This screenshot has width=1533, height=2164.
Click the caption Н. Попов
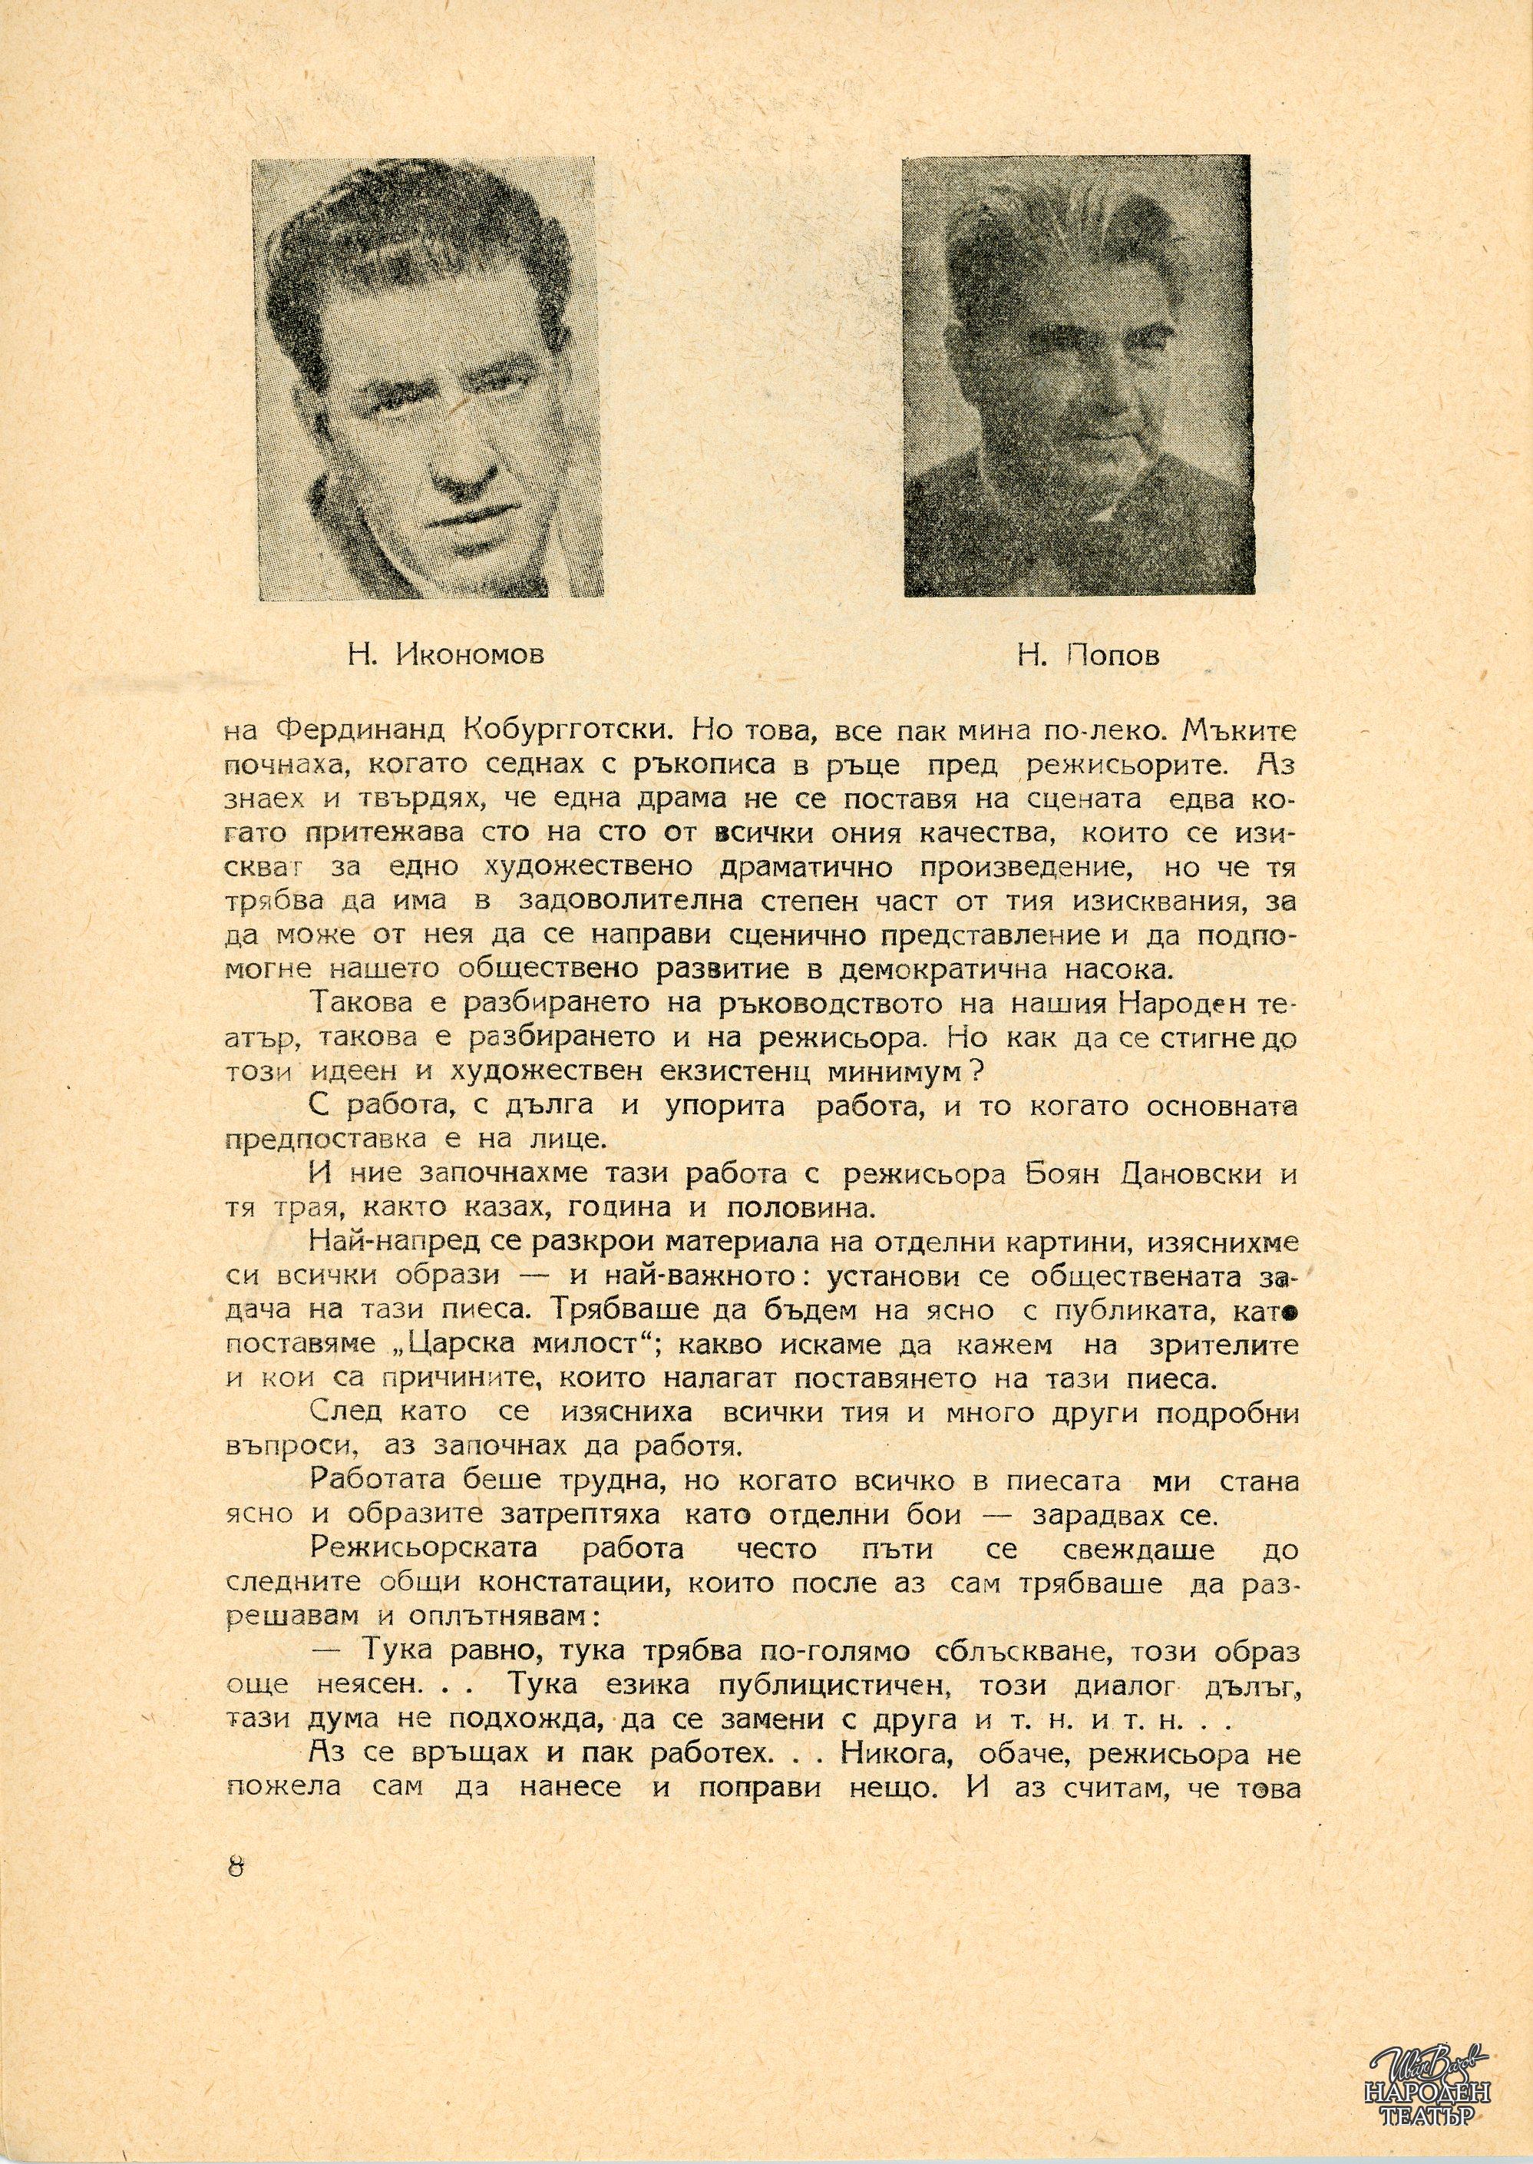pos(1088,654)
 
